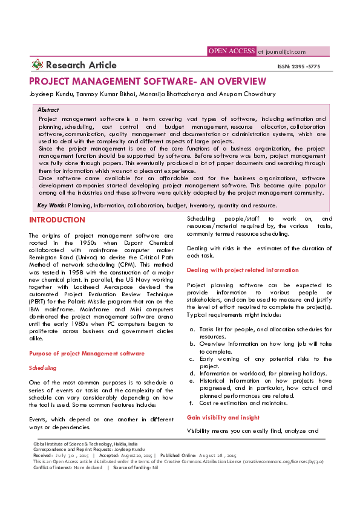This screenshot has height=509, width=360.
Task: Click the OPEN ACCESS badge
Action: tap(232, 51)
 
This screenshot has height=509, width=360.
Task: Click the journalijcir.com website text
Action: tap(281, 52)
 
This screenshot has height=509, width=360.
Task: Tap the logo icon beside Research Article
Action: tap(37, 65)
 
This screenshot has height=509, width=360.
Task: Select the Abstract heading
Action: tap(48, 110)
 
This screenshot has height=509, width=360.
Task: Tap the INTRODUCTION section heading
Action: tap(57, 220)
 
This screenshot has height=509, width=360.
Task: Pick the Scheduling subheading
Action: tap(43, 368)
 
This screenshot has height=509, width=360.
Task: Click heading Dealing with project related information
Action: tap(242, 270)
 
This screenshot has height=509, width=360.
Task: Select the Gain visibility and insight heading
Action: tap(223, 417)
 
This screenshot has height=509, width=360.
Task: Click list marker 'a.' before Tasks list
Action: tap(192, 329)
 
